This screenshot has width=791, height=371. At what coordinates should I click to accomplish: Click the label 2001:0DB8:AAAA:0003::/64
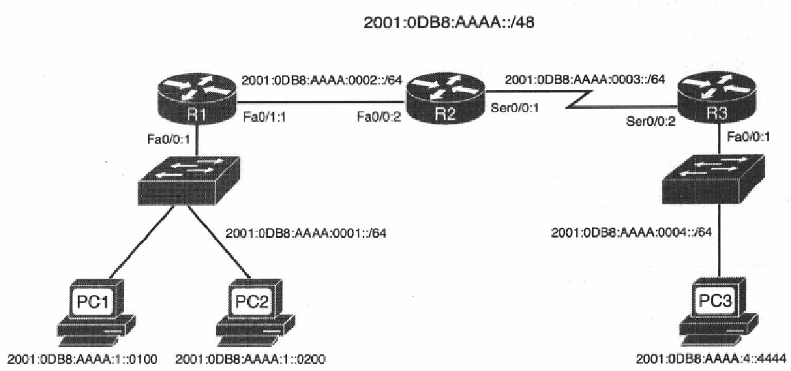pyautogui.click(x=585, y=80)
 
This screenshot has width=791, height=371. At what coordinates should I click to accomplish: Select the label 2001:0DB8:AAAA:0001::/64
pyautogui.click(x=306, y=233)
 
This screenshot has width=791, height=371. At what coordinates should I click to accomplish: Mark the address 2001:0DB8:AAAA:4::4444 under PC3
pyautogui.click(x=713, y=360)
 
